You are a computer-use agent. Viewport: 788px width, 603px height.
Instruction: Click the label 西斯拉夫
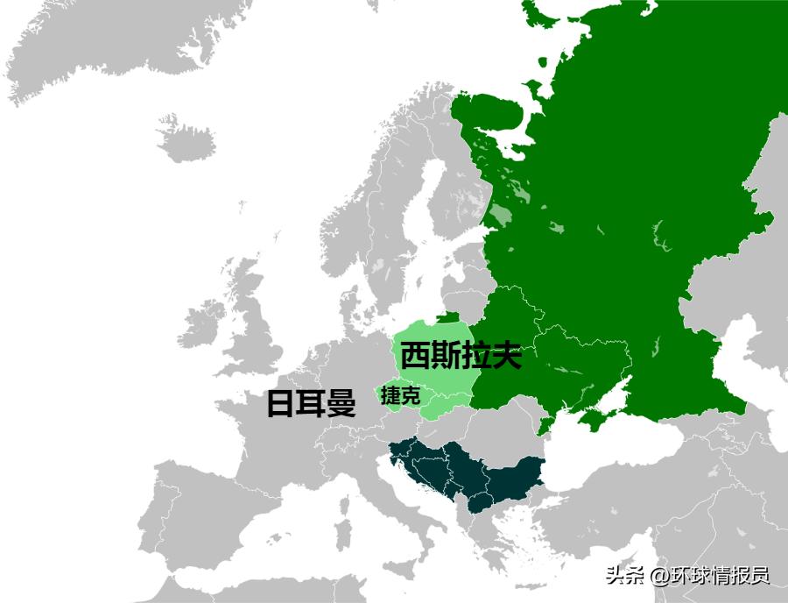click(x=461, y=356)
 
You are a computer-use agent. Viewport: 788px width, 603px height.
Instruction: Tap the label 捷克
click(x=400, y=395)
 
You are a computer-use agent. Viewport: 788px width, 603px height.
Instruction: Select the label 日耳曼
click(x=311, y=404)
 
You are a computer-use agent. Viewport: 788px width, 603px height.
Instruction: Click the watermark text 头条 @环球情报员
click(x=686, y=576)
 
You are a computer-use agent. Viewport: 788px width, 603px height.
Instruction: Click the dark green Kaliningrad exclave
click(x=447, y=318)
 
